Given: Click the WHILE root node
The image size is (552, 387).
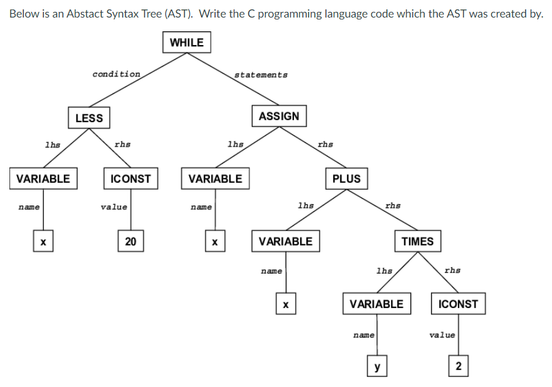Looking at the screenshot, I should (187, 43).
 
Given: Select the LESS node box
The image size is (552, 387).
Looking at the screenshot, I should (89, 118).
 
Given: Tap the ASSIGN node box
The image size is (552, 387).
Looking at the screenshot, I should (279, 116).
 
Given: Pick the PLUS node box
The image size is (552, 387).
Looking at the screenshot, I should (346, 178).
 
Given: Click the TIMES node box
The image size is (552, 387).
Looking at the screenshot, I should (417, 241).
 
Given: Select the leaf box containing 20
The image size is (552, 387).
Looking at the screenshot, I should (130, 241).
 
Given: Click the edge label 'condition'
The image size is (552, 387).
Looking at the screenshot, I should (117, 74).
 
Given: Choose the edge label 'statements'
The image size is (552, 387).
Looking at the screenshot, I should (261, 75).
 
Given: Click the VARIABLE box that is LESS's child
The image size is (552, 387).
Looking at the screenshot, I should (43, 178).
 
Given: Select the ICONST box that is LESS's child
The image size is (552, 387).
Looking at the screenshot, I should (130, 178).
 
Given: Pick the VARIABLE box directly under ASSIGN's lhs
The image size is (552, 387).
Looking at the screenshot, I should (215, 178).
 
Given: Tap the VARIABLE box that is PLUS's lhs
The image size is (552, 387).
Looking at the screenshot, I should (285, 241).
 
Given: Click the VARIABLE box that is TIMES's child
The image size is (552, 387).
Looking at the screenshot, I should (377, 304).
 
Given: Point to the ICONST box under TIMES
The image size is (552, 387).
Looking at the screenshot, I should (458, 304).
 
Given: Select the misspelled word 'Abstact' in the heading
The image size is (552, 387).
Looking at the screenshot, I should (85, 14).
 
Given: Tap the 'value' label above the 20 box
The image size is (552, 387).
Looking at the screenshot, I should (114, 207).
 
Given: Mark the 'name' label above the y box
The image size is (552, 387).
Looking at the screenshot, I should (363, 336).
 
